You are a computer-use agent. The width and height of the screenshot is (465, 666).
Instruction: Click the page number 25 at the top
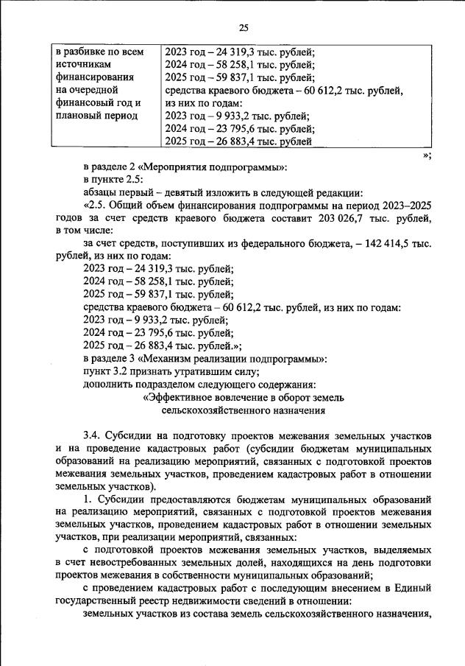[244, 28]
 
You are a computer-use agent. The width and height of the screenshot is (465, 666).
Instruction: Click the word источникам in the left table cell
[83, 64]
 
